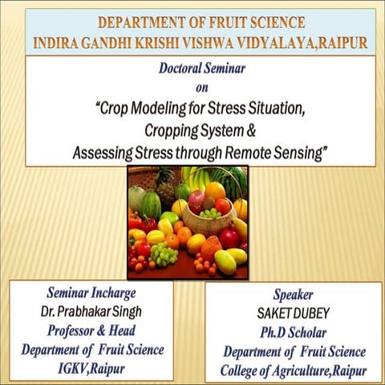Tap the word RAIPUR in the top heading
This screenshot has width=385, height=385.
pyautogui.click(x=335, y=43)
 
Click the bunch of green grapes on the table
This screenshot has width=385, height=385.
pyautogui.click(x=164, y=255)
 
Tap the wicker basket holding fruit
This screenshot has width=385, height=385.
pyautogui.click(x=207, y=222)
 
